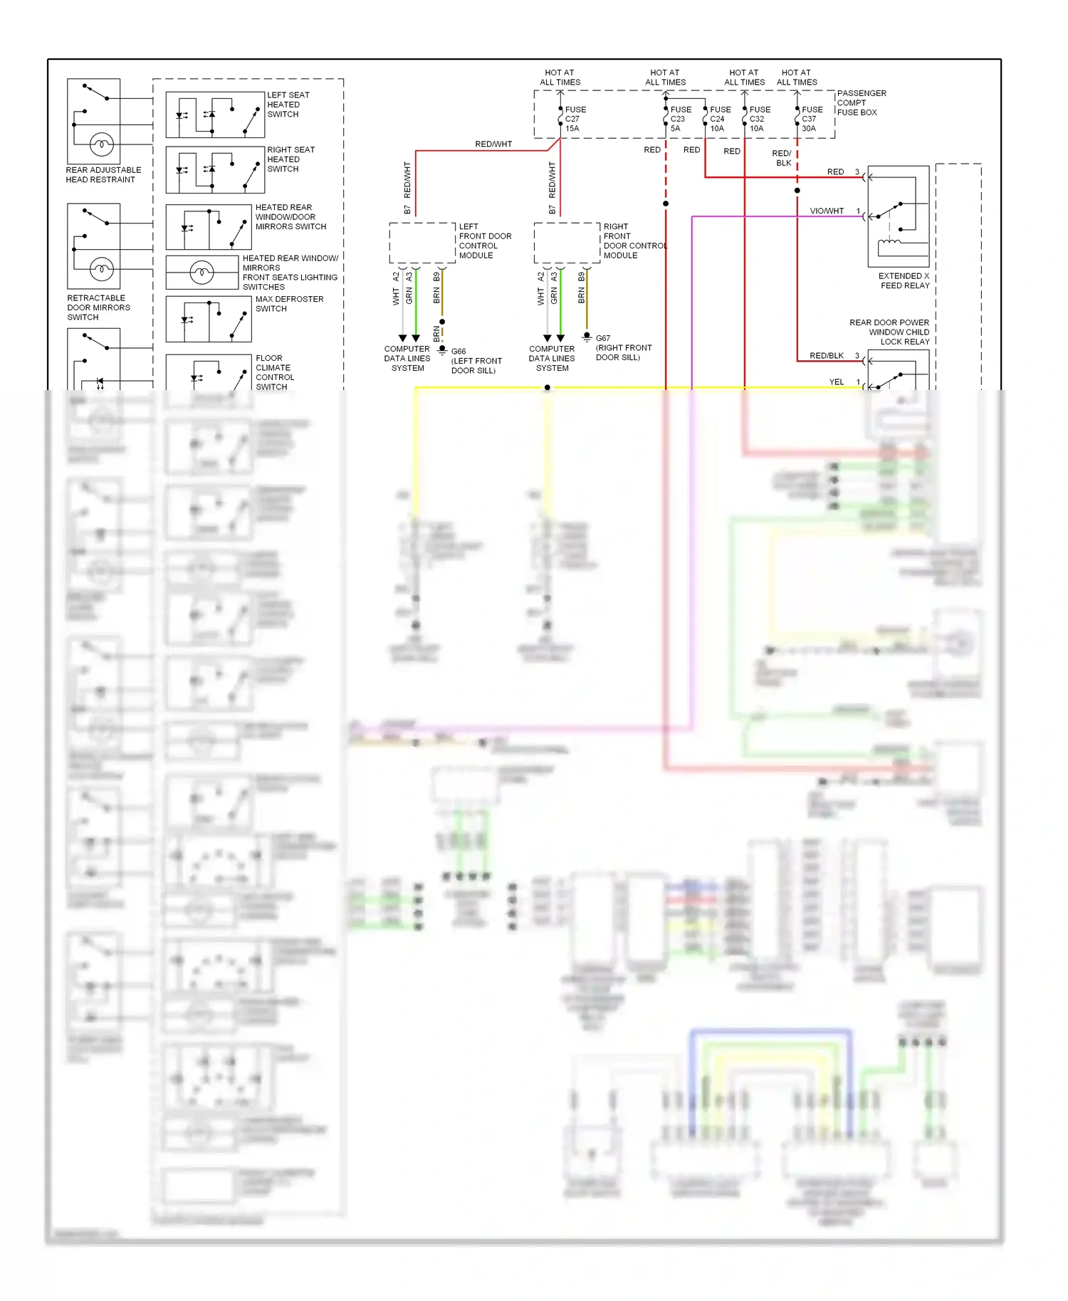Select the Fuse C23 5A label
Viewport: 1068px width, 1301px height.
pos(680,119)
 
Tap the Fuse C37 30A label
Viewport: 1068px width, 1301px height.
pos(812,119)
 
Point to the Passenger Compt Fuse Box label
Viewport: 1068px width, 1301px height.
pos(861,102)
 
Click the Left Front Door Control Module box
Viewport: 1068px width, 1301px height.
pos(422,243)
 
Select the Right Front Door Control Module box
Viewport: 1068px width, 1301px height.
pos(567,243)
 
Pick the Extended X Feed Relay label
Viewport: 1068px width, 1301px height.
pos(904,280)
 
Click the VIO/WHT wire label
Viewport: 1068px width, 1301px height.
pos(826,211)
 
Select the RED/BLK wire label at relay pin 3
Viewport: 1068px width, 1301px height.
pos(826,355)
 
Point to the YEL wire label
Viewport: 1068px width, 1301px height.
pos(836,381)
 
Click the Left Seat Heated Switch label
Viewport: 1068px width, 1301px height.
pos(288,105)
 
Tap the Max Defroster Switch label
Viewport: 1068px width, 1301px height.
pos(289,304)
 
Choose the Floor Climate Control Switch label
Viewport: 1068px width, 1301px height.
pos(274,372)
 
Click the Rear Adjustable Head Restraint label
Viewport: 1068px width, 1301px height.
pos(103,174)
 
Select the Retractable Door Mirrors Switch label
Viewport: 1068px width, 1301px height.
pos(98,307)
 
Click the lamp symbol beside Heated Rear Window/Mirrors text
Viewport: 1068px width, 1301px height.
pos(201,272)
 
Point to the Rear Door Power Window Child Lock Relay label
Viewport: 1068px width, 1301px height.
pos(890,332)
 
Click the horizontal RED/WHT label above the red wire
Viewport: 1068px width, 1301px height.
pos(493,144)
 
